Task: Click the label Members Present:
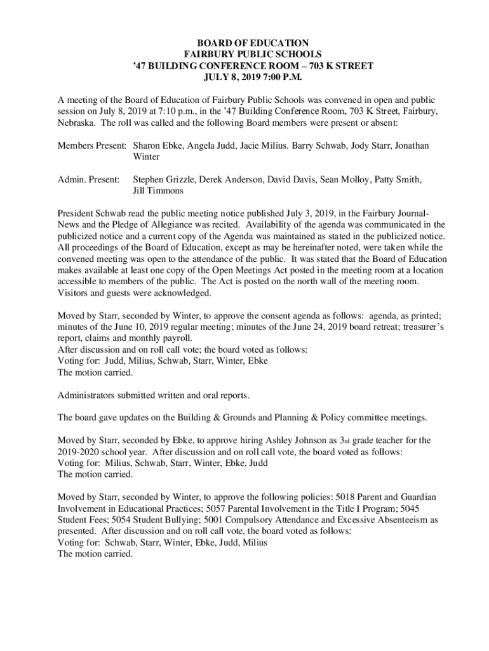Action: [92, 146]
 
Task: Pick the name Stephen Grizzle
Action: [163, 180]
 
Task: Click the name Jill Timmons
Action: [158, 191]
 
